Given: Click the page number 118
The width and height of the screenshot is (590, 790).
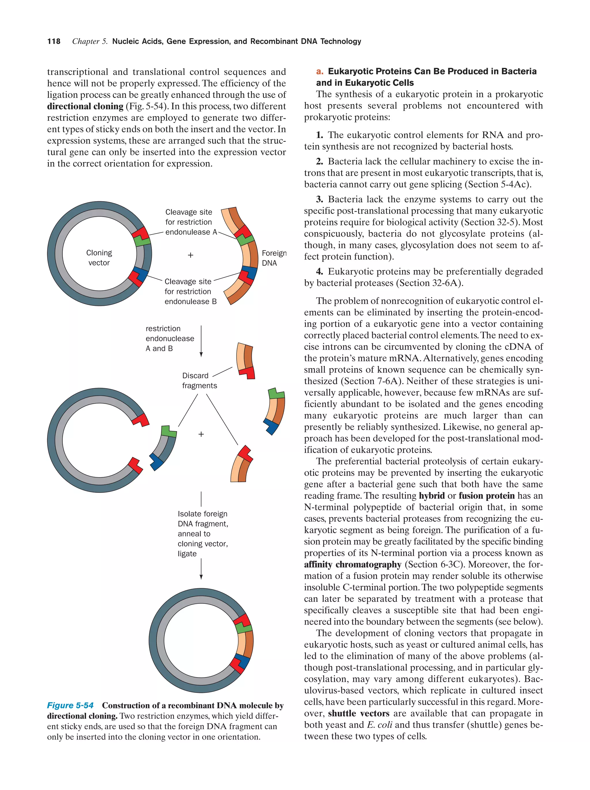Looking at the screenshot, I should tap(54, 42).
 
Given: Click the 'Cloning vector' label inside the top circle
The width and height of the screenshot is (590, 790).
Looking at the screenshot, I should tap(99, 257).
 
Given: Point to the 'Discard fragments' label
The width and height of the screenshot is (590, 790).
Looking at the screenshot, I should tap(199, 380).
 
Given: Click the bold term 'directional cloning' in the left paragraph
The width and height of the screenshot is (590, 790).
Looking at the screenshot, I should tap(85, 106).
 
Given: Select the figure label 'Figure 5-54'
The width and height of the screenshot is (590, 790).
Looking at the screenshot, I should tap(70, 705).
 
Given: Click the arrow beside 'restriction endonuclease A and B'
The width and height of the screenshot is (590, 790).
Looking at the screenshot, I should tap(201, 341).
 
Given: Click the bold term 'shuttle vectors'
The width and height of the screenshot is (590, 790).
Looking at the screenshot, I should tap(358, 714).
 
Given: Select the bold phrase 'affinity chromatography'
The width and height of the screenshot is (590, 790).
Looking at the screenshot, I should tap(352, 565).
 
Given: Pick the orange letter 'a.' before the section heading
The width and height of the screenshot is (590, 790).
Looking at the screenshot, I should tap(319, 71).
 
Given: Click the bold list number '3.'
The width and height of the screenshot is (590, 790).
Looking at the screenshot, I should tap(319, 199).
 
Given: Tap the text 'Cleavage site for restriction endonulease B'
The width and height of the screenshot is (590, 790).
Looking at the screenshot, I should tap(190, 291).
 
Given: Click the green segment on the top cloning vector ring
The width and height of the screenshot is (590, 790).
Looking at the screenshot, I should tap(142, 241).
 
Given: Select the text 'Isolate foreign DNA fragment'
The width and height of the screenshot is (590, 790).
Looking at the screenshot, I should tap(202, 519).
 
